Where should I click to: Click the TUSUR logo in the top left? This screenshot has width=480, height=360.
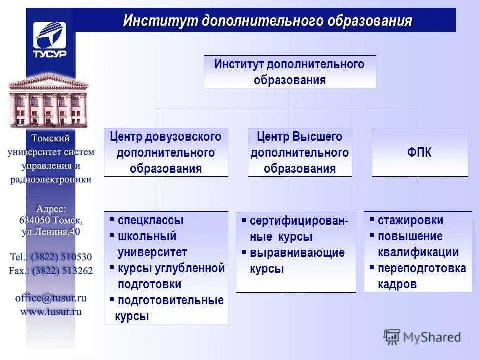pos(50,40)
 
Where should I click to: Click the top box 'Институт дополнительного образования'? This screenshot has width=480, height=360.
pos(289,72)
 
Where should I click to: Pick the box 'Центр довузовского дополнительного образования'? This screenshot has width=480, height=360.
pos(166,152)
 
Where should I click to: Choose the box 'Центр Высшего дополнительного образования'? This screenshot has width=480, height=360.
pos(300,152)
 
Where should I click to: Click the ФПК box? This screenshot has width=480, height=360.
pos(419,153)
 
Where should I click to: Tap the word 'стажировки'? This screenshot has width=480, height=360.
pos(410,220)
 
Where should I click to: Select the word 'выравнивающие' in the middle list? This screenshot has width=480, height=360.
pos(297,252)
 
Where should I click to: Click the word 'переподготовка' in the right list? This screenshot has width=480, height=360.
pos(422,268)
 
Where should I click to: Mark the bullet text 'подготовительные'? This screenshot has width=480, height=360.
pos(170,300)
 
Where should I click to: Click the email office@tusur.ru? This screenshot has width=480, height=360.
pos(51,298)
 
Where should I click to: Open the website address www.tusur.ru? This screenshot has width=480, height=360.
pos(51,311)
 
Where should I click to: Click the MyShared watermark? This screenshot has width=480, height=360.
pos(422,337)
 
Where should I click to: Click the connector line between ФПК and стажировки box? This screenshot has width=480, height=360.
pos(416,194)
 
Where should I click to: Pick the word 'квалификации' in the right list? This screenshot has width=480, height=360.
pos(418,252)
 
